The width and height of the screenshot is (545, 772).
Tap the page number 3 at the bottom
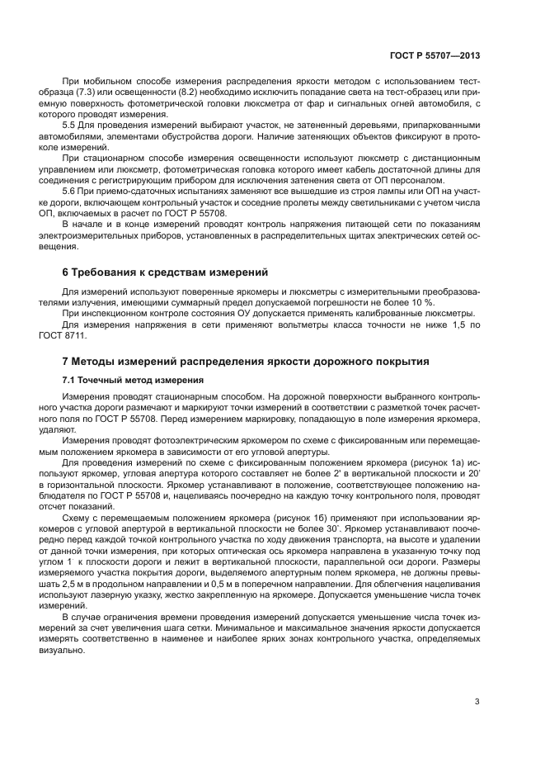(477, 703)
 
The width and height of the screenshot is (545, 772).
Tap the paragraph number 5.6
(70, 190)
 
